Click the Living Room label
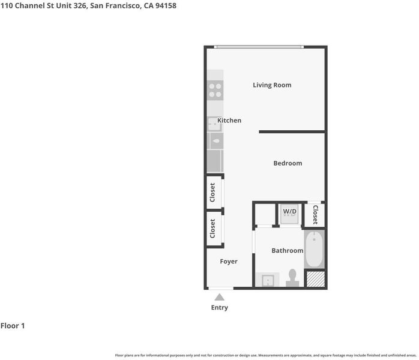tap(272, 85)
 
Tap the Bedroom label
tap(288, 163)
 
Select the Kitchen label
tap(229, 121)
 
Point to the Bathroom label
tap(288, 251)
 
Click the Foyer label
tap(229, 262)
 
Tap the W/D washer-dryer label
tap(290, 212)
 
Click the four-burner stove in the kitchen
tap(215, 90)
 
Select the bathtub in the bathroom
tap(315, 249)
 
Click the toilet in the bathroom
tap(292, 278)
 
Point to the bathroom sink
tap(268, 280)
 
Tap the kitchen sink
tap(214, 124)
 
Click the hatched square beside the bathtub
tap(315, 280)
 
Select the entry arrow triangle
tap(219, 297)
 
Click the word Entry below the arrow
tap(219, 308)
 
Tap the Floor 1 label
tap(13, 326)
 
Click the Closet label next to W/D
tap(315, 215)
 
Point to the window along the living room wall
tap(259, 47)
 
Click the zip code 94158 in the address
tap(166, 5)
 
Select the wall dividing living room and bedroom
tap(292, 131)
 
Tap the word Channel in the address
tap(29, 5)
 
